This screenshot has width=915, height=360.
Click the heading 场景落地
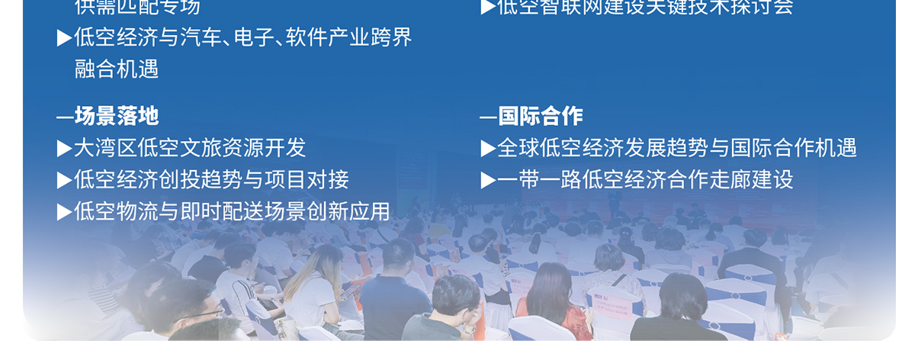(117, 116)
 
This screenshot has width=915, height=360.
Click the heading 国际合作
(541, 116)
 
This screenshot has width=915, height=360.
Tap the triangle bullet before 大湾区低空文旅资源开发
(64, 148)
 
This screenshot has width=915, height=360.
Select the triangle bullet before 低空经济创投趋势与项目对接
(64, 180)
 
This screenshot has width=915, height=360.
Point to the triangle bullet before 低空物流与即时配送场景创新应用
(64, 212)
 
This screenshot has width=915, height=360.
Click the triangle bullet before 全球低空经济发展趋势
(487, 148)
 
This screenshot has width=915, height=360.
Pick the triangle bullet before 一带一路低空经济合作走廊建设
(487, 180)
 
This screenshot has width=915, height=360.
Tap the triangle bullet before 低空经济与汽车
(64, 38)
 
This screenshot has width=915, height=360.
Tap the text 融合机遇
(117, 69)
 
